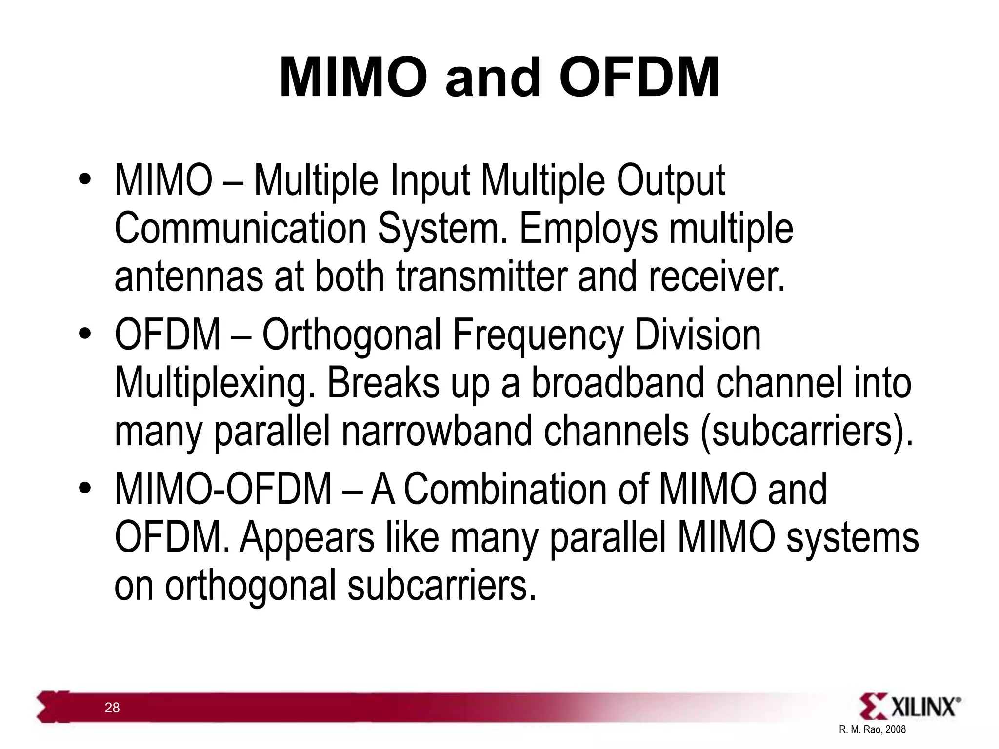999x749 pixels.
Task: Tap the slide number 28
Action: pyautogui.click(x=112, y=708)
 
